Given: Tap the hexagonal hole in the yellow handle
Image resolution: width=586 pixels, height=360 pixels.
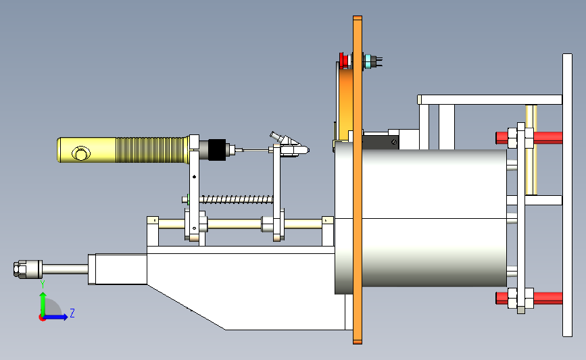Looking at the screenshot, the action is (x=80, y=153).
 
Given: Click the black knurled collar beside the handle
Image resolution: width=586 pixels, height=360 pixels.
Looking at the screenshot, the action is (x=217, y=150).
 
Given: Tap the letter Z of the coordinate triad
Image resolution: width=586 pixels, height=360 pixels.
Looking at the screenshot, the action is (x=72, y=313).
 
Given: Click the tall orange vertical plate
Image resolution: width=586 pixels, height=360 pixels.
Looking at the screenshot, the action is (x=358, y=180).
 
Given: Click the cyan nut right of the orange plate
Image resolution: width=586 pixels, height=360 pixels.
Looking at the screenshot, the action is (x=368, y=61).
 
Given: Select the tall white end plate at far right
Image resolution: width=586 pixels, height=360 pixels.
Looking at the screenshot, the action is (x=567, y=195).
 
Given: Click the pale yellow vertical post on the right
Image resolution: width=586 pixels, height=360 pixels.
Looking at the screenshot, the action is (x=531, y=149).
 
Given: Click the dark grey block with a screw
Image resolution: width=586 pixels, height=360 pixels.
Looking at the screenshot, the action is (x=381, y=143).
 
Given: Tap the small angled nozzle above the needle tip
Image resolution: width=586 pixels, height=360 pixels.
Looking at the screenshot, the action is (x=277, y=136).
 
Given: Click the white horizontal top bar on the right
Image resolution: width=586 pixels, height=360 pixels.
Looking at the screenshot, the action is (x=489, y=100).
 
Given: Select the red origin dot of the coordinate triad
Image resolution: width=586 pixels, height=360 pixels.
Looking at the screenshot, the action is (x=42, y=318).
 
